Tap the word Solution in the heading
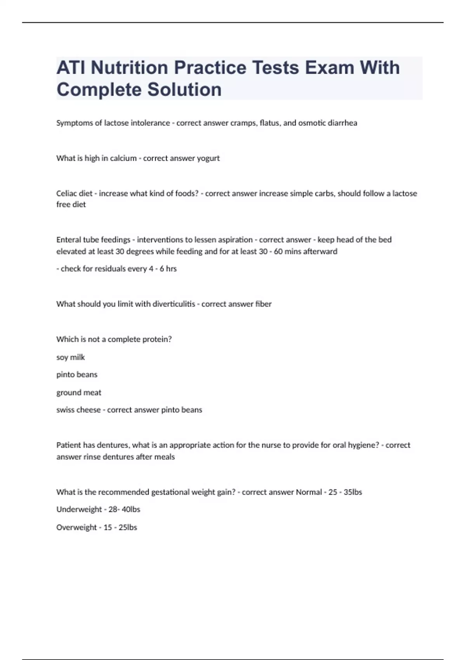[x=184, y=89]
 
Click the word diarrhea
[x=343, y=123]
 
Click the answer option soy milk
[x=70, y=357]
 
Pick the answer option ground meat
[x=78, y=393]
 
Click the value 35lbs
[x=353, y=492]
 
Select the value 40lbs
[x=131, y=509]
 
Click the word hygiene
[x=362, y=445]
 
